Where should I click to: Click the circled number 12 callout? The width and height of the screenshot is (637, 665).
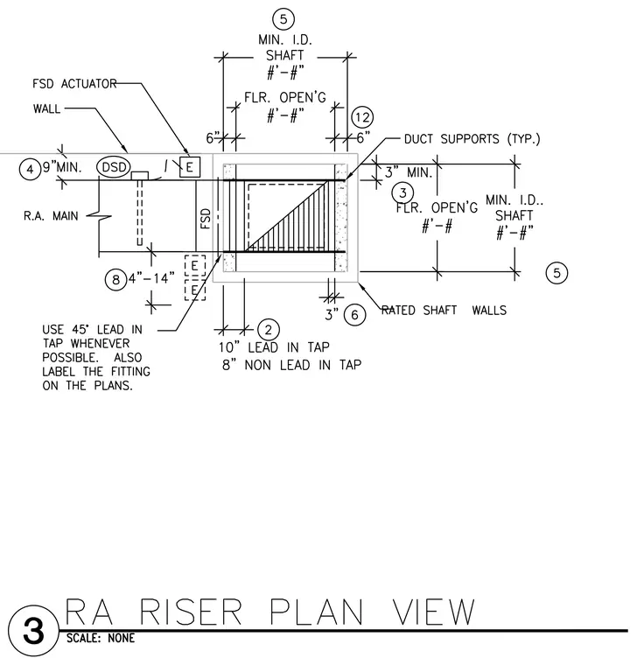coord(362,117)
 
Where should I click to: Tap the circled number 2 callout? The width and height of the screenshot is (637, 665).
coord(268,329)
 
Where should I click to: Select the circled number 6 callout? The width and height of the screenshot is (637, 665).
coord(354,315)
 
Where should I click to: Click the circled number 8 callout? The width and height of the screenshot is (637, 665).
coord(115,279)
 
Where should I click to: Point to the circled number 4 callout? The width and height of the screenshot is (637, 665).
coord(30,169)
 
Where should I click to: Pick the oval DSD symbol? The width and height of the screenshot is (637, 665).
coord(114,166)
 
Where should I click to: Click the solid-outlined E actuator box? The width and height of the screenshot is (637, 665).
coord(190,166)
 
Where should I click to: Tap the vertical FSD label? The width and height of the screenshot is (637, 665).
coord(206,219)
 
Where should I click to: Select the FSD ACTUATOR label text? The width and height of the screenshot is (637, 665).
coord(74,83)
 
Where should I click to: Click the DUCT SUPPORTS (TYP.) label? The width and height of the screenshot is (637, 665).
coord(472,138)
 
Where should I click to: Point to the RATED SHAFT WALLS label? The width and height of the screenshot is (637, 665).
coord(444,310)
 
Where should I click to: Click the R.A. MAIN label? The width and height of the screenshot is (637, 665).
coord(51,216)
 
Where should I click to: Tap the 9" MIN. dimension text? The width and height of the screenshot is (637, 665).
coord(62,166)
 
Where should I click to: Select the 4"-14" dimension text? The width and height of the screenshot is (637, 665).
coord(151,278)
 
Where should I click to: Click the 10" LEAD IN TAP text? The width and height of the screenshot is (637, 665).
coord(274,347)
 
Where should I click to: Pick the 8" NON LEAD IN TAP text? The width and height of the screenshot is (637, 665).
coord(291,365)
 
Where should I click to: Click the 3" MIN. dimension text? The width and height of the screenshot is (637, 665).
coord(409,171)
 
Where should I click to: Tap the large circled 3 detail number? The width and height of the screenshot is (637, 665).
coord(33,631)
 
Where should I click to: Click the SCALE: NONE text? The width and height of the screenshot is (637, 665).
coord(101,638)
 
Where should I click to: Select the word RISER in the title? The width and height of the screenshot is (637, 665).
coord(190,612)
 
